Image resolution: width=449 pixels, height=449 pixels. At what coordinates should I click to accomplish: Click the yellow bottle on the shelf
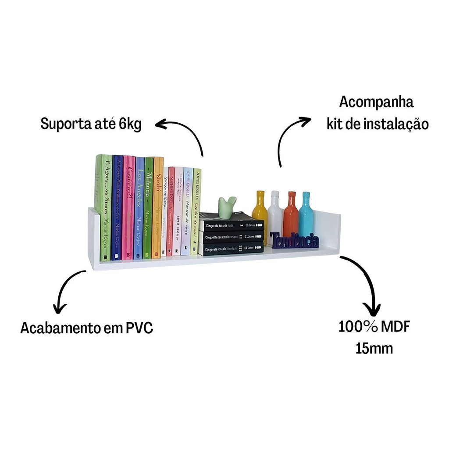click(260, 215)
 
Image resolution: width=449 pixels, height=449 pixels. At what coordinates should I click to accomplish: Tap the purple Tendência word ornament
click(294, 240)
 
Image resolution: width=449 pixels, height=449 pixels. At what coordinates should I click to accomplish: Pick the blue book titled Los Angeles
click(139, 208)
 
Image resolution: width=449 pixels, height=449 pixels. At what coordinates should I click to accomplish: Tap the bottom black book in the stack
click(232, 249)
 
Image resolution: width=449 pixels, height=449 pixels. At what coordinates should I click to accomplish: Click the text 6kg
click(130, 124)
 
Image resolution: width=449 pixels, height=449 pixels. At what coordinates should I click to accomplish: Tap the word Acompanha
click(376, 102)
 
